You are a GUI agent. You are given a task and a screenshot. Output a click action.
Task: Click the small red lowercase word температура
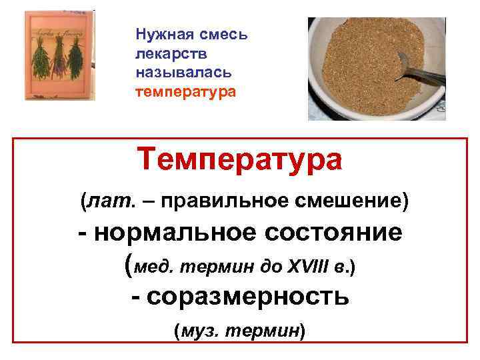[185, 89]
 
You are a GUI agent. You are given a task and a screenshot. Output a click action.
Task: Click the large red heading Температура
[239, 160]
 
